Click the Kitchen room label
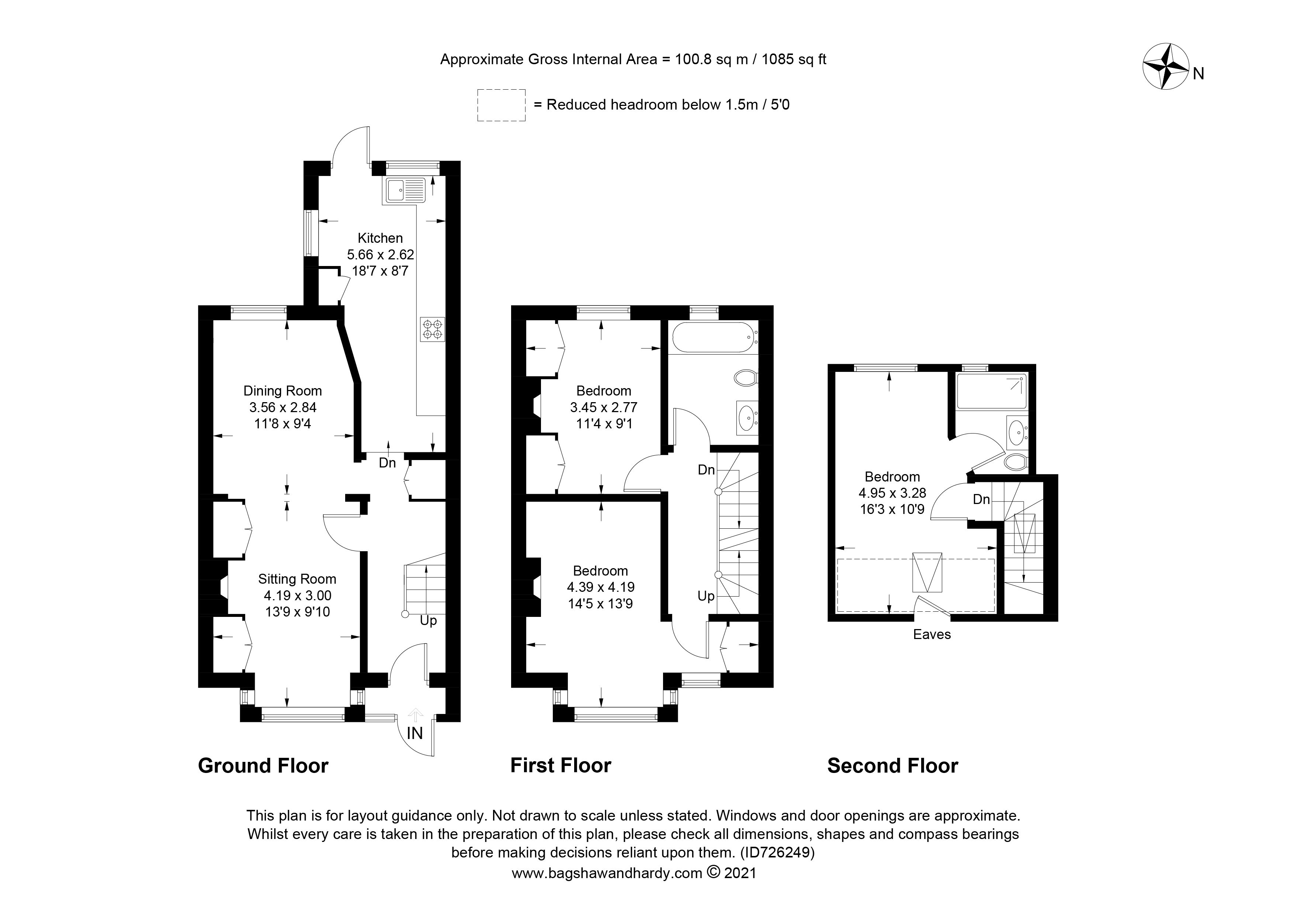(x=381, y=238)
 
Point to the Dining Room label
(x=282, y=391)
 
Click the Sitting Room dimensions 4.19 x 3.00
(x=298, y=595)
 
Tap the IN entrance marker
(x=415, y=733)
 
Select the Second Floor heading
(x=893, y=766)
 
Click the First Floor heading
(x=561, y=766)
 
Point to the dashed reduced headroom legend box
(x=502, y=105)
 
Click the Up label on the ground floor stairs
(x=429, y=621)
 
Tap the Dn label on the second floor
(x=981, y=499)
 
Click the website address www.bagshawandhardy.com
(x=607, y=873)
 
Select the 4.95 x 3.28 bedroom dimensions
(x=892, y=493)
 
